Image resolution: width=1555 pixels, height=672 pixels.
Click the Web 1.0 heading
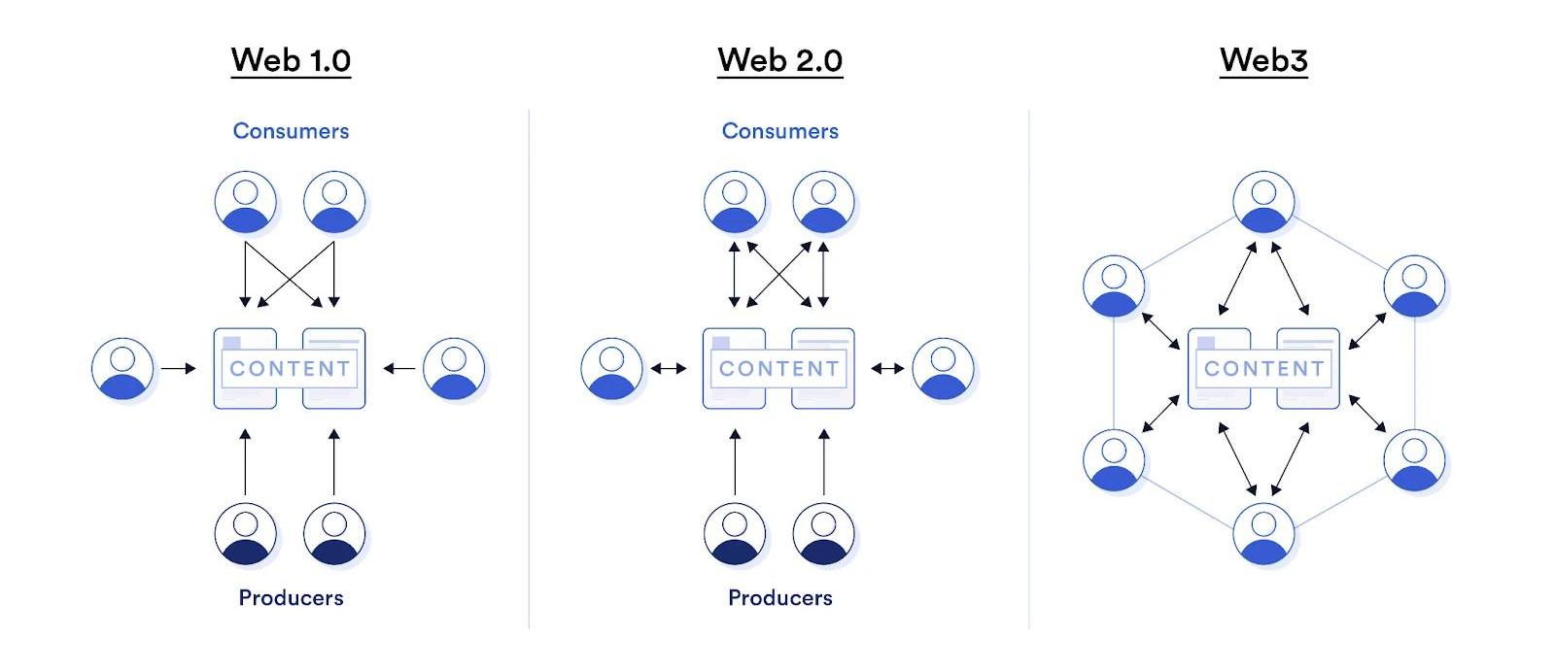(291, 60)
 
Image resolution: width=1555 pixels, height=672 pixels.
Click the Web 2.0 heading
(779, 60)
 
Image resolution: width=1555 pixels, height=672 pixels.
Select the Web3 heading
(1263, 60)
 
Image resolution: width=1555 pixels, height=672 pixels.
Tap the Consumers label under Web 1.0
(291, 131)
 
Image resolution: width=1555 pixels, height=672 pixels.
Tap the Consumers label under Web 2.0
(779, 131)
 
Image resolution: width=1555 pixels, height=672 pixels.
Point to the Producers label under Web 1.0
(291, 597)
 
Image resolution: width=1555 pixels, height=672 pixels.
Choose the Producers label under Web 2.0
(779, 597)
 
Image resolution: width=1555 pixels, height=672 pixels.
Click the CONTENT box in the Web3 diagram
(1263, 369)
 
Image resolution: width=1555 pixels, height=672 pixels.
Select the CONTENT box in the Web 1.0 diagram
(290, 369)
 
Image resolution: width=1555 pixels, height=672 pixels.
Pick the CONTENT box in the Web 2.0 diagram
(778, 369)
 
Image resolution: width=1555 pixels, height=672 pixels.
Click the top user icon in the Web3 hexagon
(1263, 202)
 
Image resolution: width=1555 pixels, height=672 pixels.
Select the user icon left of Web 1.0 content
(122, 369)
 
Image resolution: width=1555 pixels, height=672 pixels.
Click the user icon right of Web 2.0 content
(944, 369)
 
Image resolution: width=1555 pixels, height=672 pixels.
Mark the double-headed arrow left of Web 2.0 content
(668, 369)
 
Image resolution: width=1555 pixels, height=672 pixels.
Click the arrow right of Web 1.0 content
(399, 369)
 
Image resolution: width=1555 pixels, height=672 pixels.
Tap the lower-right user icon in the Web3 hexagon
(1414, 459)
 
